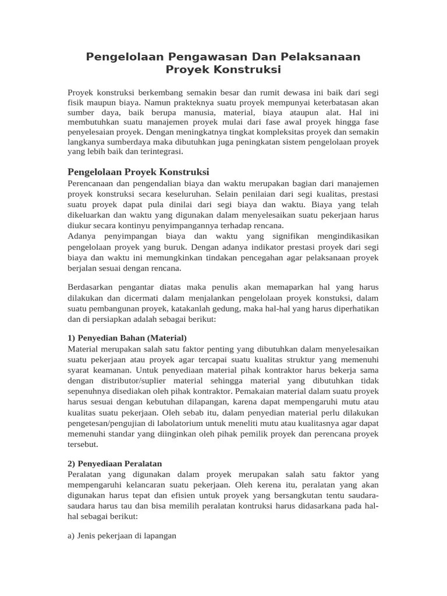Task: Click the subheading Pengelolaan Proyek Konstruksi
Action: pos(138,172)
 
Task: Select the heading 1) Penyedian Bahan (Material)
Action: pos(127,338)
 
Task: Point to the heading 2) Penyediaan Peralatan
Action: pos(116,464)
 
